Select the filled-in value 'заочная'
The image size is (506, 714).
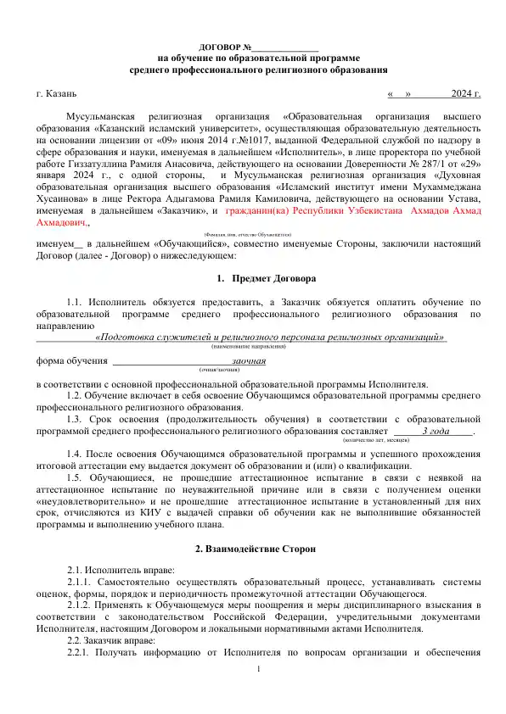click(x=248, y=361)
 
